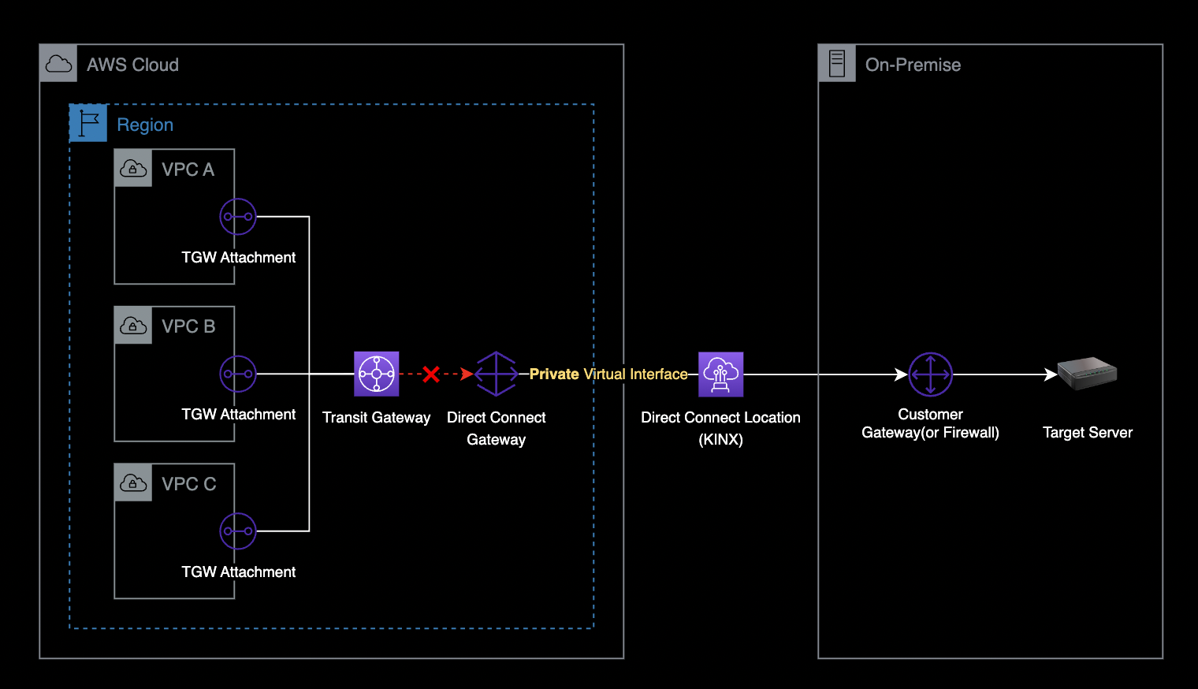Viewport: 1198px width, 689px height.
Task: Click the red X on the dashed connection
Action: (x=430, y=374)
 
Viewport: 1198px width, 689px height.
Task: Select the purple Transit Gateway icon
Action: (x=377, y=374)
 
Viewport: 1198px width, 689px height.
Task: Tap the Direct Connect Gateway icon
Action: (x=496, y=374)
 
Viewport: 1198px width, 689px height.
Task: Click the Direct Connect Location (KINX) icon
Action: (x=720, y=374)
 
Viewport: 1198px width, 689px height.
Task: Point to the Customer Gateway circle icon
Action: (x=930, y=374)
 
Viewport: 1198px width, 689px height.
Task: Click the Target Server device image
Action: (x=1087, y=374)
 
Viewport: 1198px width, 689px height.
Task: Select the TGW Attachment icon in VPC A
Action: (x=238, y=217)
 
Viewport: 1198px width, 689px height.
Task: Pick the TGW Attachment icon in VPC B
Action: (x=238, y=374)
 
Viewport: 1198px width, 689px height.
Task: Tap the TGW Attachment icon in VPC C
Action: (x=238, y=531)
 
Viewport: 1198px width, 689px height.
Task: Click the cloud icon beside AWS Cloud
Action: (x=58, y=64)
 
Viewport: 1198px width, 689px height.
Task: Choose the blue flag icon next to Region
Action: (x=88, y=124)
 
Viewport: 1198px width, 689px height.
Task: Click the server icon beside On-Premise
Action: (x=837, y=64)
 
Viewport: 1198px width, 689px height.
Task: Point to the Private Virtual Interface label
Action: (x=608, y=374)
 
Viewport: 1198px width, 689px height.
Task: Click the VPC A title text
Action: (x=188, y=169)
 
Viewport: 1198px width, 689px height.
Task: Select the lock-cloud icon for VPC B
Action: (x=133, y=326)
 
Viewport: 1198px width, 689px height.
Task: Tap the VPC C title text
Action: (x=188, y=484)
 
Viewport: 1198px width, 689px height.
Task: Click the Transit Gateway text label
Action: (x=376, y=418)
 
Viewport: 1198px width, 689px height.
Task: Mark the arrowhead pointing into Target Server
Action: (x=1051, y=374)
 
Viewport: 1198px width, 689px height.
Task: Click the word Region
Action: (x=145, y=125)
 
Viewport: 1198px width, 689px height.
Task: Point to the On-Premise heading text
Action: (x=913, y=65)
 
